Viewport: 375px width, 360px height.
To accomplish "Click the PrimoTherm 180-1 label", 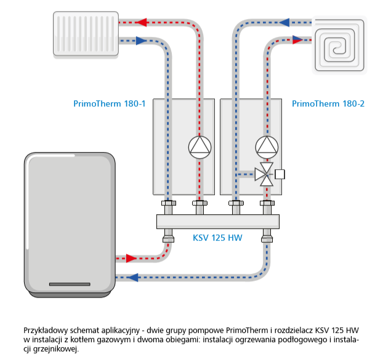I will pyautogui.click(x=109, y=103).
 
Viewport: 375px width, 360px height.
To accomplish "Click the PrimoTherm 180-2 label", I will pyautogui.click(x=328, y=103).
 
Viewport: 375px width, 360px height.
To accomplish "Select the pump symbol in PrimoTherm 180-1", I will pyautogui.click(x=200, y=146).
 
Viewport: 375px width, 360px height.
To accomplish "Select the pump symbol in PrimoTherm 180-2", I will pyautogui.click(x=267, y=146).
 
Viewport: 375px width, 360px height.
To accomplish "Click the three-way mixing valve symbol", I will pyautogui.click(x=267, y=174).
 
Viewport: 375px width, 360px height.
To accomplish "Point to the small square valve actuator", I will pyautogui.click(x=280, y=174).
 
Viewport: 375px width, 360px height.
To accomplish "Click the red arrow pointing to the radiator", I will pyautogui.click(x=140, y=23).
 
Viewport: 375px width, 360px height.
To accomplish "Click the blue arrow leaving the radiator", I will pyautogui.click(x=140, y=41).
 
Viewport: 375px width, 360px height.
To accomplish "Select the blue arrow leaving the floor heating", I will pyautogui.click(x=285, y=23).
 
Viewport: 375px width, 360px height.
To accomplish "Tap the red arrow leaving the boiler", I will pyautogui.click(x=132, y=258).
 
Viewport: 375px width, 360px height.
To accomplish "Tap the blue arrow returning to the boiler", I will pyautogui.click(x=132, y=277).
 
